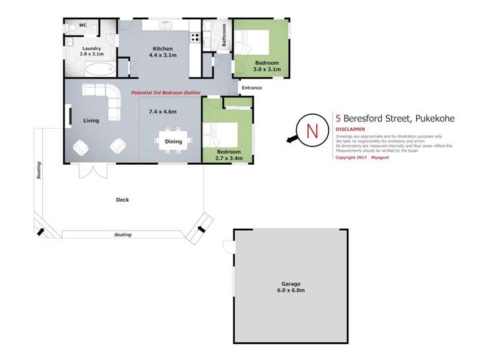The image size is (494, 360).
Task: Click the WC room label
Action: [83, 26]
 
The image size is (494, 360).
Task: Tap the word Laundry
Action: [91, 48]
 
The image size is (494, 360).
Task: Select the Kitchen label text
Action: [162, 49]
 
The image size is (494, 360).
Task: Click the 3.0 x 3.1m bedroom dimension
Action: [268, 69]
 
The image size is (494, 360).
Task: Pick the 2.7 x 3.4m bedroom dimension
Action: [229, 158]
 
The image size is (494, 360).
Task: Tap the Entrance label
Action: [252, 88]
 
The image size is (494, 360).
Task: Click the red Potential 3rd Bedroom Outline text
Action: [166, 93]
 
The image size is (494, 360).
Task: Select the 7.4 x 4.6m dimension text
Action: [163, 112]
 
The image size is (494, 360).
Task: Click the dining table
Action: [173, 140]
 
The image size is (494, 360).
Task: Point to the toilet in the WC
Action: [70, 28]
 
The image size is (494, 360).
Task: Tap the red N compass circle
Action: [313, 131]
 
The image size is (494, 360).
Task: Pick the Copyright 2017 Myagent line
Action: [363, 158]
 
